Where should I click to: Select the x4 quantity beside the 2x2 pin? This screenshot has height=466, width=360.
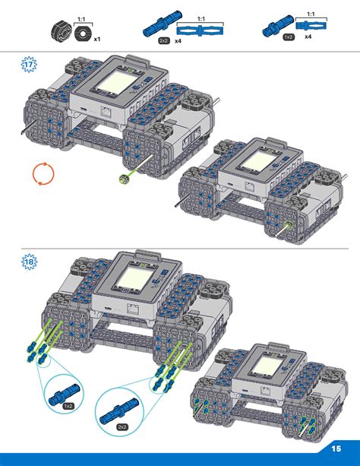(x=178, y=43)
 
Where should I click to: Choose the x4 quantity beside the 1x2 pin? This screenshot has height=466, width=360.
(x=308, y=36)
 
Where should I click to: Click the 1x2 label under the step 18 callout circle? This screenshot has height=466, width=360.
(x=68, y=406)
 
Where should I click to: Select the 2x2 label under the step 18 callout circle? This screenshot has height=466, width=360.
(x=122, y=426)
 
